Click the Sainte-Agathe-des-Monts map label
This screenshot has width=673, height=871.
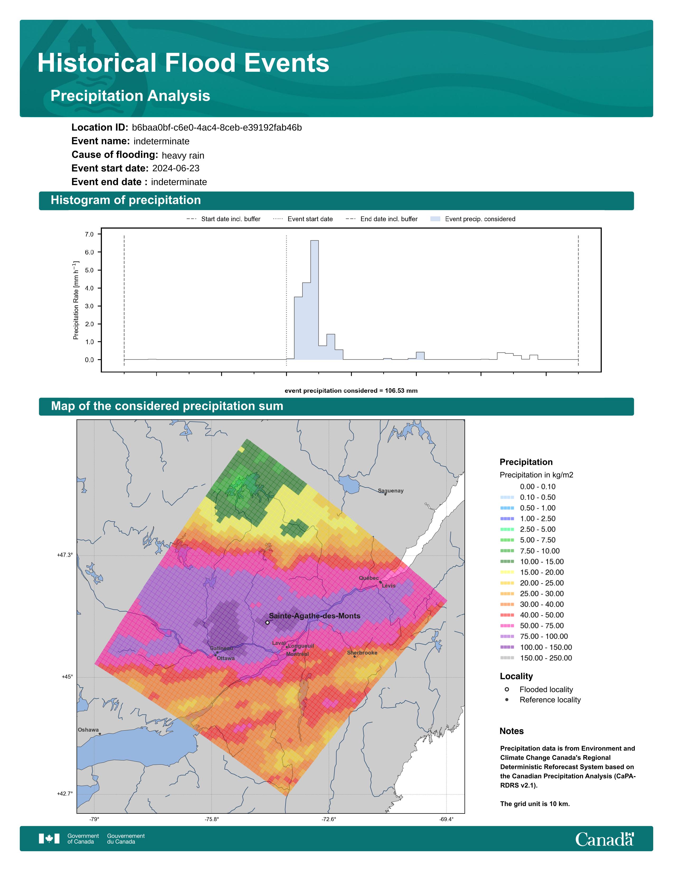(315, 616)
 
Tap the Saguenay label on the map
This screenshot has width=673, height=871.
(391, 491)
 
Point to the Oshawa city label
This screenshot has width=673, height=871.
(88, 730)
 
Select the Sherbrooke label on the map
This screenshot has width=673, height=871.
(362, 653)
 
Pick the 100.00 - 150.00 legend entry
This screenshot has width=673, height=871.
(536, 647)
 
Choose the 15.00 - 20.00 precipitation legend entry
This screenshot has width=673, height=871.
(532, 572)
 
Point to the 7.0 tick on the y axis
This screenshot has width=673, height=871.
(89, 234)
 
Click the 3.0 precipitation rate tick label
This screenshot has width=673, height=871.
(89, 306)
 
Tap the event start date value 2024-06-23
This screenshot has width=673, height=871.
(176, 168)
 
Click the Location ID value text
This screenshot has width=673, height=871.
(217, 128)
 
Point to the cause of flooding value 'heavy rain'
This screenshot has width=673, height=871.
(183, 155)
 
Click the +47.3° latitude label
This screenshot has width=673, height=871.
(65, 555)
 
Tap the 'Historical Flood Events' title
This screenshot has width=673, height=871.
(183, 63)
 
